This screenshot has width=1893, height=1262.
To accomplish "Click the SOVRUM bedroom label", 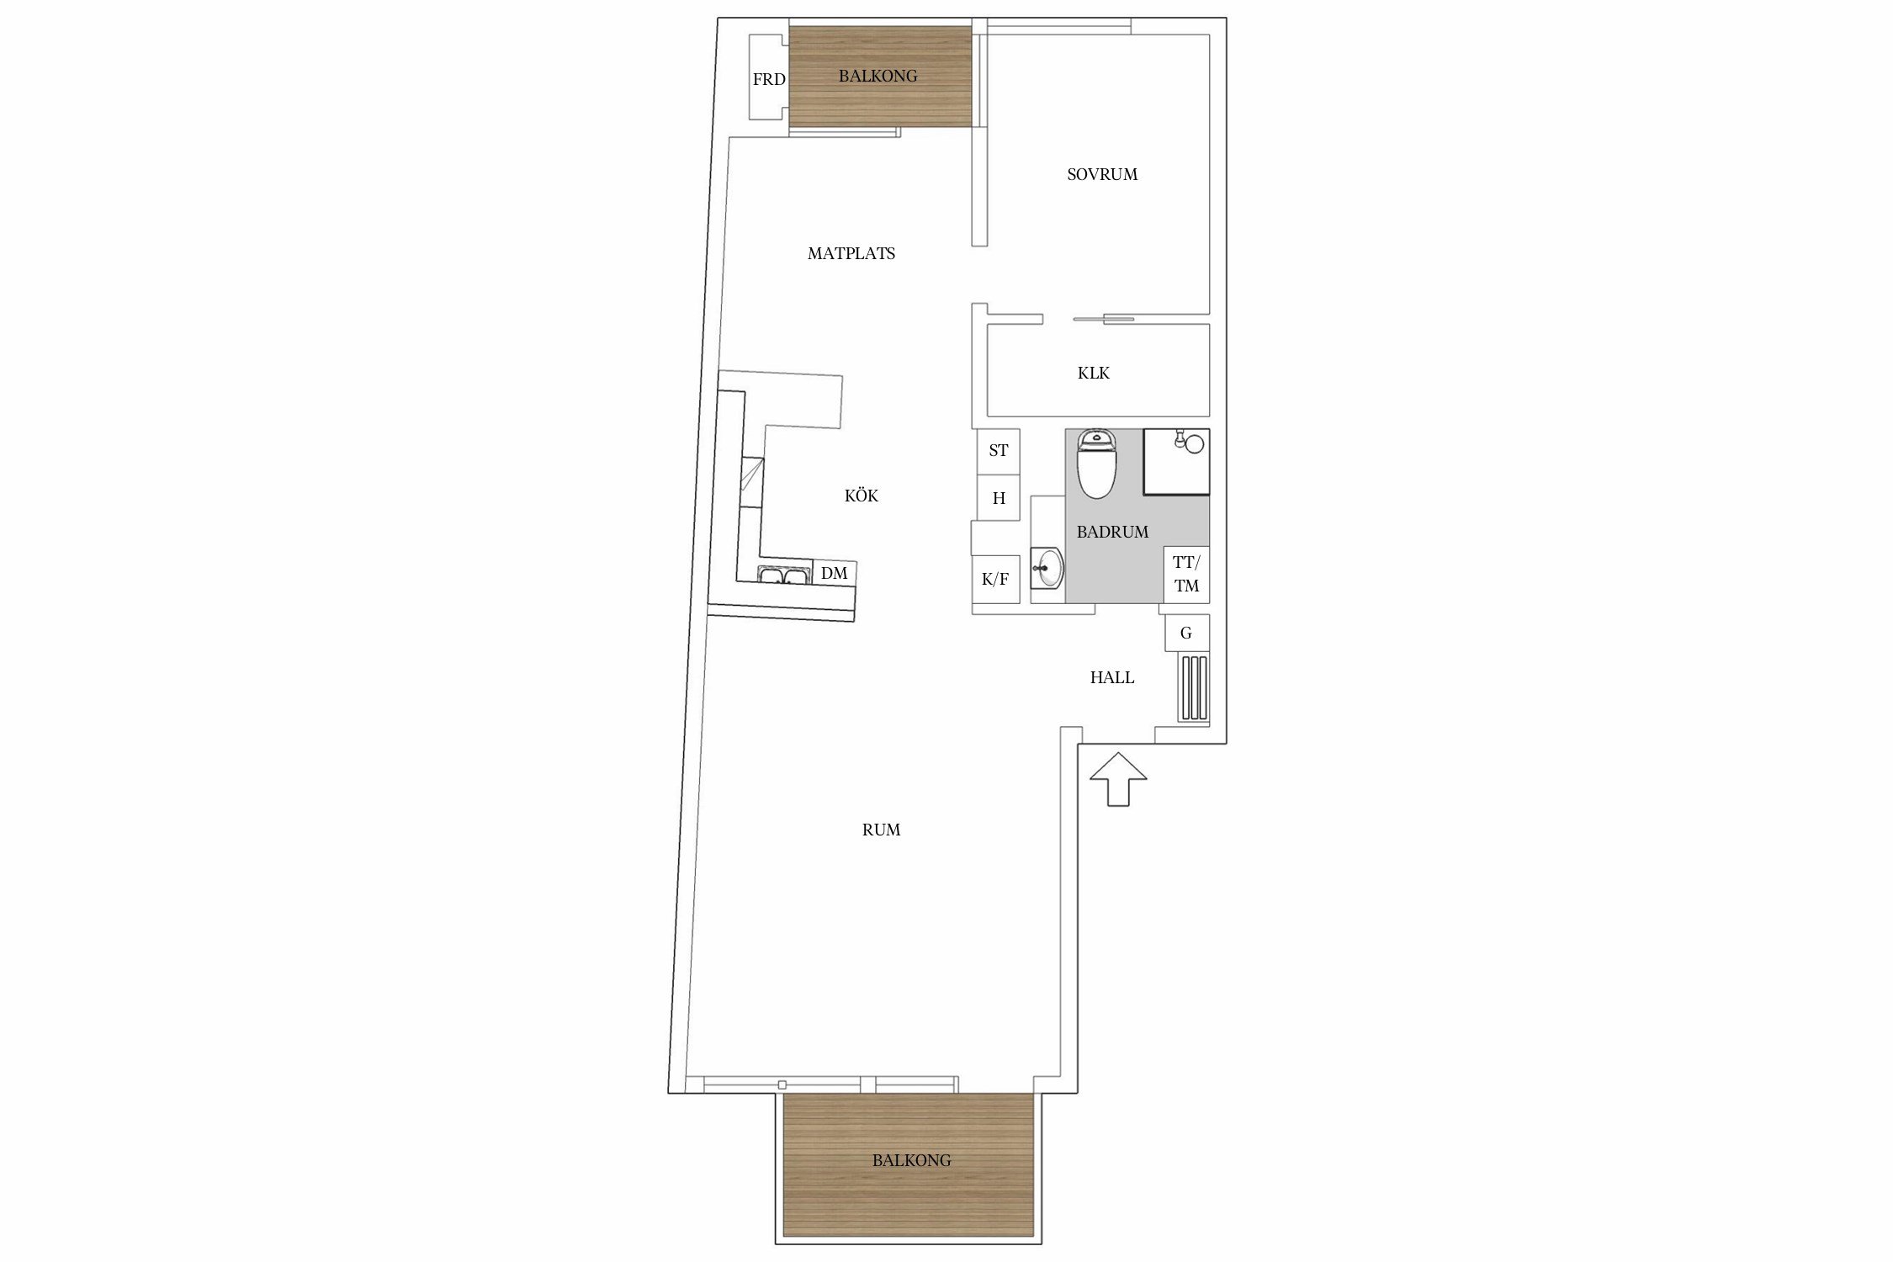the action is pos(1102,175).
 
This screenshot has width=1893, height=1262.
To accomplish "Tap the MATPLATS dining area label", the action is pos(851,253).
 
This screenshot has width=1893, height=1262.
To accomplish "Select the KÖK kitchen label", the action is pos(862,496).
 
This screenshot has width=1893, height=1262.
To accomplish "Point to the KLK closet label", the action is pos(1094,373).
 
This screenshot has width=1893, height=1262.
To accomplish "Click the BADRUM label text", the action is pos(1112,532).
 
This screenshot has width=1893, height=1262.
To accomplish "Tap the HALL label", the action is pos(1112,677).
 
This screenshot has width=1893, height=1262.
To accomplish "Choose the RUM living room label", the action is pos(882,830).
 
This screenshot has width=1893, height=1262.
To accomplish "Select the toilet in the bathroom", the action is pos(1097,464).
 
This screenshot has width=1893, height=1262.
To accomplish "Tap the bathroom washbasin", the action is pos(1048,568).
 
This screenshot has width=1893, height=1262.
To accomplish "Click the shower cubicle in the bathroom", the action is pos(1176,461).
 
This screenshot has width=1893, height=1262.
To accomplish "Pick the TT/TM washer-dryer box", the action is pos(1186,574).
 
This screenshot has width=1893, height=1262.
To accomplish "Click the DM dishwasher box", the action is pos(835,573).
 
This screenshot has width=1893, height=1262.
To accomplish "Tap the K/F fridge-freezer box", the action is pos(995,579).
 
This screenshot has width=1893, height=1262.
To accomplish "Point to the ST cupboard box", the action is pos(999,450).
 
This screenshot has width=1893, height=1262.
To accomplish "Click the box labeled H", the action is pos(999,498).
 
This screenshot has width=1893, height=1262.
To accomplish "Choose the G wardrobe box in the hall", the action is pos(1187,633).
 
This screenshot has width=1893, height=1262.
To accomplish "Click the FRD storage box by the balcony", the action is pos(767,79).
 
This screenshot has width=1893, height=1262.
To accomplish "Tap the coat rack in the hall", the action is pos(1194,688).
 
